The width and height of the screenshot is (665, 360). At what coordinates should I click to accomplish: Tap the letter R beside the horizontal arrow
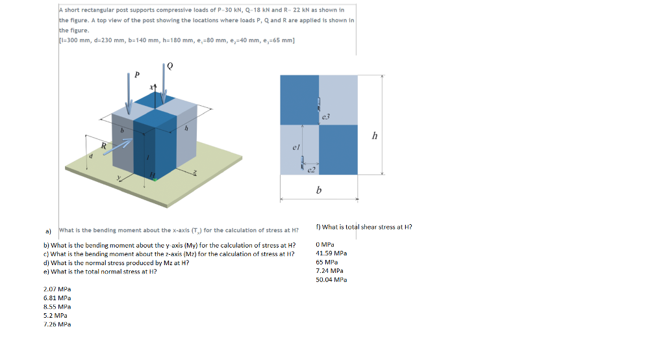(x=103, y=145)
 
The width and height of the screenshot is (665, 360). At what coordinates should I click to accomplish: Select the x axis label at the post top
(x=151, y=86)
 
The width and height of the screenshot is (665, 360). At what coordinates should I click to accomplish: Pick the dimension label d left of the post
(x=91, y=156)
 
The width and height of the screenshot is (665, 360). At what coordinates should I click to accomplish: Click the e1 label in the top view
(x=295, y=148)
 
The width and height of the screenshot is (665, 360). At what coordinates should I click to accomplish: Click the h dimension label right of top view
(x=374, y=136)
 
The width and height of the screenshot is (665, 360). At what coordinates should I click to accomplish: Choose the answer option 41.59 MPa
(x=331, y=253)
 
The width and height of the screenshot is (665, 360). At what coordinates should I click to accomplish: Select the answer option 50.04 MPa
(x=331, y=279)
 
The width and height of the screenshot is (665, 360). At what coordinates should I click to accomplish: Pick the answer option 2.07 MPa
(x=57, y=289)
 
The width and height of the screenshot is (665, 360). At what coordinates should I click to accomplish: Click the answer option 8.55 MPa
(x=57, y=306)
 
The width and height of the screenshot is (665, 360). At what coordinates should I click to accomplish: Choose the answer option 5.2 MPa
(x=55, y=315)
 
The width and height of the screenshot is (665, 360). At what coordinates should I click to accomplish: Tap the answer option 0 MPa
(x=324, y=245)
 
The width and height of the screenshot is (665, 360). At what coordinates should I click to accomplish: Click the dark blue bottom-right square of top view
(x=338, y=149)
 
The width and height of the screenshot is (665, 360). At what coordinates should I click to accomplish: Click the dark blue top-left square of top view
(x=299, y=99)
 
